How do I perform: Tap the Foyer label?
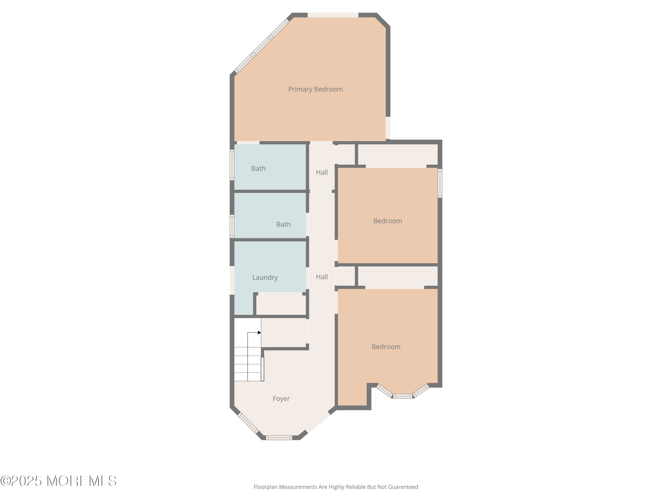(281, 398)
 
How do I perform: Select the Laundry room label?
(265, 277)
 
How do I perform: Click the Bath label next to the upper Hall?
(258, 169)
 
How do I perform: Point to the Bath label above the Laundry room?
(283, 224)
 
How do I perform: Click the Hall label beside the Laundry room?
(322, 277)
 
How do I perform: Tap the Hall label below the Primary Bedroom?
(322, 172)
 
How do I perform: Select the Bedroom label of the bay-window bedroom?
(386, 347)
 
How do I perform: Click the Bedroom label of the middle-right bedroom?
(387, 221)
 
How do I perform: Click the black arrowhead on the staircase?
(259, 333)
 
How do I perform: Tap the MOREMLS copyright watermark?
(58, 481)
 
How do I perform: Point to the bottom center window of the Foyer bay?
(279, 438)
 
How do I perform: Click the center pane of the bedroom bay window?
(403, 396)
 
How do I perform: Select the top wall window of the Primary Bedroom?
(333, 15)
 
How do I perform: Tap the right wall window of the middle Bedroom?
(439, 183)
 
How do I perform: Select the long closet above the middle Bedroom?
(398, 154)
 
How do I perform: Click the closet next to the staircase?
(283, 332)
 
